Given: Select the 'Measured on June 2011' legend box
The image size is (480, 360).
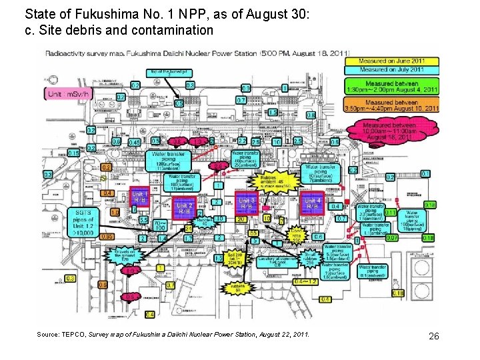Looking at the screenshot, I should (x=391, y=61).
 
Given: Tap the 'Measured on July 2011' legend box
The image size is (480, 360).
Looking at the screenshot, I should (x=391, y=70).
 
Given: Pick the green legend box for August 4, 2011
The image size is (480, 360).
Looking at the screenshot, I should (x=391, y=86).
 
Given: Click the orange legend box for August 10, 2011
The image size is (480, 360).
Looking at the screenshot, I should (x=391, y=105).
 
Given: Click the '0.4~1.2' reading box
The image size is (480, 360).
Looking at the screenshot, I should (x=306, y=281).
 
